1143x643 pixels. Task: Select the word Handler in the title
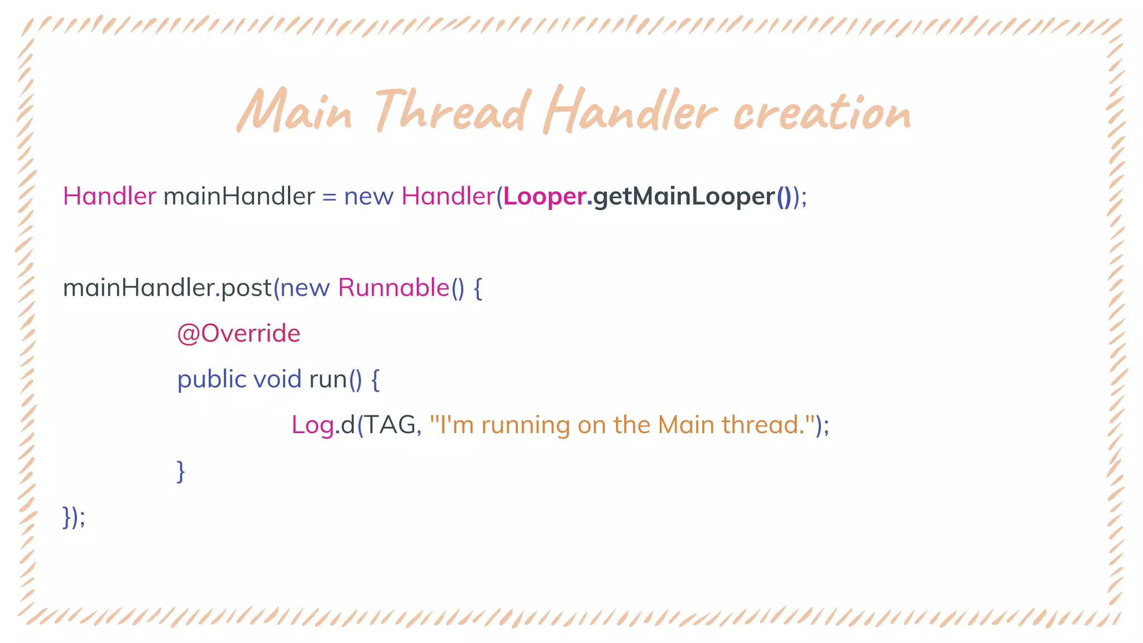click(630, 111)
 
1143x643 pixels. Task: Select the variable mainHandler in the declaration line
click(239, 196)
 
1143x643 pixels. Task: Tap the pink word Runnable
click(393, 288)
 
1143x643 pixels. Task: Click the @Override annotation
click(239, 334)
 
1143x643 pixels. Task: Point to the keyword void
click(277, 380)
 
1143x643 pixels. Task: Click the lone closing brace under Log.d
click(181, 471)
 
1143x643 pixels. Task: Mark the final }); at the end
click(74, 517)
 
